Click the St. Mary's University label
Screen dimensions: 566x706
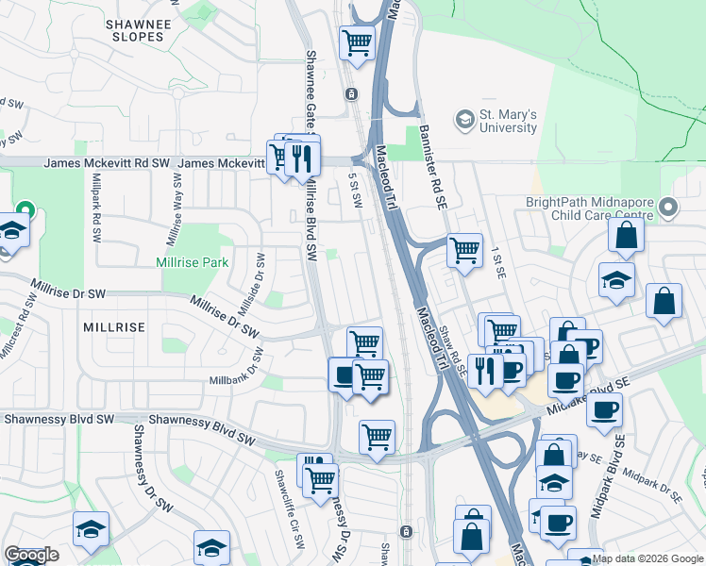click(508, 121)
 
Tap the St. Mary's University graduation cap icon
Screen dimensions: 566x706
click(464, 120)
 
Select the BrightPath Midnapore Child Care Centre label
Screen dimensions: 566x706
click(588, 207)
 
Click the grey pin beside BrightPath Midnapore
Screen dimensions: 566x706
click(668, 207)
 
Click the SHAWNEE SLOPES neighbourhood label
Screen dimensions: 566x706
click(138, 29)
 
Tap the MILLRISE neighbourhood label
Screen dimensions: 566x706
click(113, 327)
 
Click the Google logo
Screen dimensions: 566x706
click(31, 556)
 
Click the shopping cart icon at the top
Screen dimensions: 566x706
click(358, 42)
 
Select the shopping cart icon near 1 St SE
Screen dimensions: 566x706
click(464, 250)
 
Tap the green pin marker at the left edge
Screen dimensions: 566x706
click(24, 209)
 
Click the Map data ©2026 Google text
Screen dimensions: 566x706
click(648, 558)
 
